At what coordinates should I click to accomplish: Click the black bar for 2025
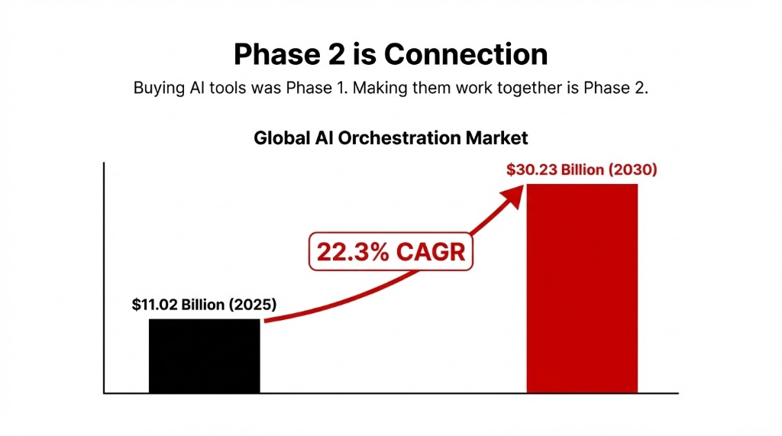pyautogui.click(x=205, y=356)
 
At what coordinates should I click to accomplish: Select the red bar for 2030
pyautogui.click(x=582, y=289)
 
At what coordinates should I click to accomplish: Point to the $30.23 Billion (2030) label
pyautogui.click(x=581, y=170)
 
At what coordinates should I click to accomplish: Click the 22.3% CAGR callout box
pyautogui.click(x=390, y=251)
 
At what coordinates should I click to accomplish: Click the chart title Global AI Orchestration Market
pyautogui.click(x=390, y=138)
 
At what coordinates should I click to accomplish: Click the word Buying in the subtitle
pyautogui.click(x=158, y=87)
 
